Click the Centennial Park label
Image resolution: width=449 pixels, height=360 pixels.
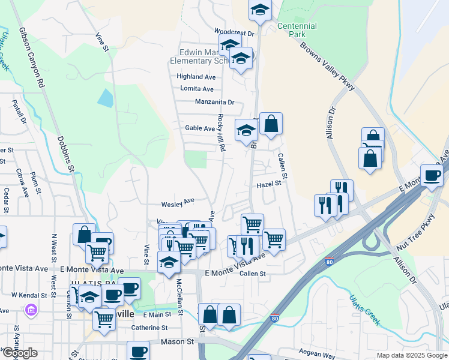(297, 31)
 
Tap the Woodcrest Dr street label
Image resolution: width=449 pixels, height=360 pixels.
(235, 32)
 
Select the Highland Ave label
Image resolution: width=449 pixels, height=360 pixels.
(196, 77)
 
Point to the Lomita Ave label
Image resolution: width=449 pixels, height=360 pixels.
(197, 89)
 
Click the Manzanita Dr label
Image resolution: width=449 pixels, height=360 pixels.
(214, 102)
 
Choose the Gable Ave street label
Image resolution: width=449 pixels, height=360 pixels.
(200, 128)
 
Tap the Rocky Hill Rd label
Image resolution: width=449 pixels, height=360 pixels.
(221, 132)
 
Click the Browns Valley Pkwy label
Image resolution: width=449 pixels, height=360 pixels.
(328, 67)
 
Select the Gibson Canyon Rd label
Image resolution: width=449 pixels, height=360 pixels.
(32, 58)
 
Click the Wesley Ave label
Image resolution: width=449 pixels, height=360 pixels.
(178, 202)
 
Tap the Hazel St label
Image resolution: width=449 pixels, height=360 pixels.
(269, 184)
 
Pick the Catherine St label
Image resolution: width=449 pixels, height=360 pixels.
(149, 328)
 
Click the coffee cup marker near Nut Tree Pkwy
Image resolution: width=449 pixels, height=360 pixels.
(431, 175)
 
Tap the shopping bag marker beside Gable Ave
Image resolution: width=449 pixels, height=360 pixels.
(271, 124)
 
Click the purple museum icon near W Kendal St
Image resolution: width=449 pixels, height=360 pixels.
(31, 310)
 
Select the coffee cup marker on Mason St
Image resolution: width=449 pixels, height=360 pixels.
(138, 351)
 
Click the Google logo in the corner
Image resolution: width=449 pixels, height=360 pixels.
(20, 353)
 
